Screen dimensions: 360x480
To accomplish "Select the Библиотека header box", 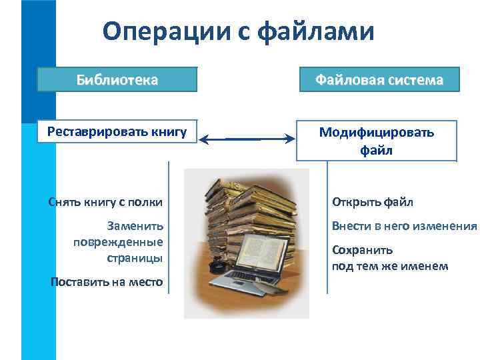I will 117,80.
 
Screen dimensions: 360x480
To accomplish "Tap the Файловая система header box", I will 379,80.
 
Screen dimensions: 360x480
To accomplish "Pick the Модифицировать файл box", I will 377,141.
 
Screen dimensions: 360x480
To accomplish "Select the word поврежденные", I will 118,241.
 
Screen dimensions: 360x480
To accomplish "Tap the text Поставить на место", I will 107,282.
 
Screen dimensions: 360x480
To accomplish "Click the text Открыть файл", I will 373,201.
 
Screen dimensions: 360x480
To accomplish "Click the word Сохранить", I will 363,251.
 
